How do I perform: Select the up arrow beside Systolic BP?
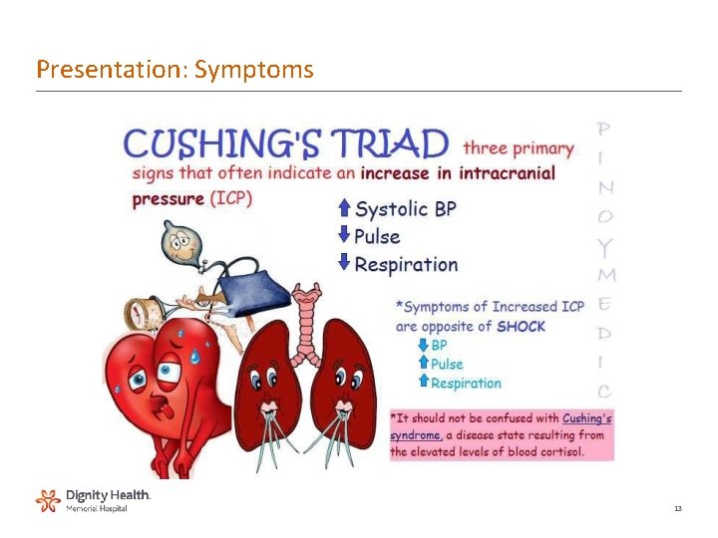[x=344, y=208]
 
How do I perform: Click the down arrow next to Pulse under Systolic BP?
[x=344, y=236]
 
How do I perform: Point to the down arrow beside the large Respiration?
[x=344, y=263]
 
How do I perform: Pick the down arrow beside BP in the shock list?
[x=423, y=345]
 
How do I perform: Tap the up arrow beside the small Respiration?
[x=423, y=383]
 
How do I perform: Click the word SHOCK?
[x=521, y=326]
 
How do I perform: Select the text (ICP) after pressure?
[x=230, y=198]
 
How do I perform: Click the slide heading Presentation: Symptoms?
[x=175, y=70]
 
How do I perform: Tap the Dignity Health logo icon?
[x=48, y=500]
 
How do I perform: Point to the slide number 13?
[x=677, y=509]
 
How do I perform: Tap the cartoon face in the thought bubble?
[x=180, y=242]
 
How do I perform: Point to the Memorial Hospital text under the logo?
[x=97, y=508]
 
